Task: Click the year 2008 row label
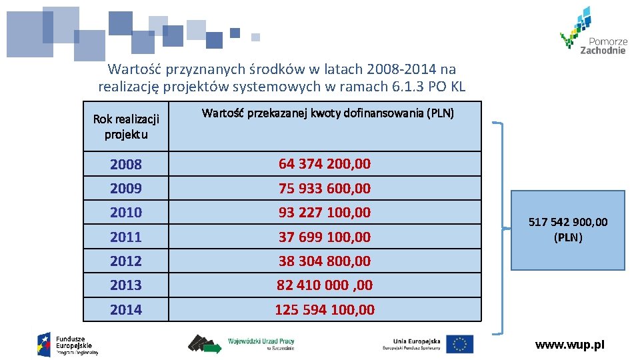[x=126, y=164]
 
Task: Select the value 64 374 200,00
[x=325, y=164]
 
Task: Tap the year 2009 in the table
[x=126, y=189]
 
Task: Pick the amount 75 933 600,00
[x=325, y=189]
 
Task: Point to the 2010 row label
[x=126, y=213]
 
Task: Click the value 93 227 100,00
[x=325, y=213]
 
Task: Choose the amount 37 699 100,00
[x=325, y=237]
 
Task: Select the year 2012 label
[x=126, y=261]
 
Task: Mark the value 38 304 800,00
[x=325, y=261]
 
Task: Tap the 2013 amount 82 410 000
[x=325, y=285]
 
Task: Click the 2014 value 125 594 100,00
[x=325, y=310]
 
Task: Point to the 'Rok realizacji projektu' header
[x=126, y=127]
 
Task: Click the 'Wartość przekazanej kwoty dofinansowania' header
[x=327, y=113]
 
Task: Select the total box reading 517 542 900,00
[x=568, y=230]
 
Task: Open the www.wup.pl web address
[x=570, y=345]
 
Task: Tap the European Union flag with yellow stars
[x=460, y=344]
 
